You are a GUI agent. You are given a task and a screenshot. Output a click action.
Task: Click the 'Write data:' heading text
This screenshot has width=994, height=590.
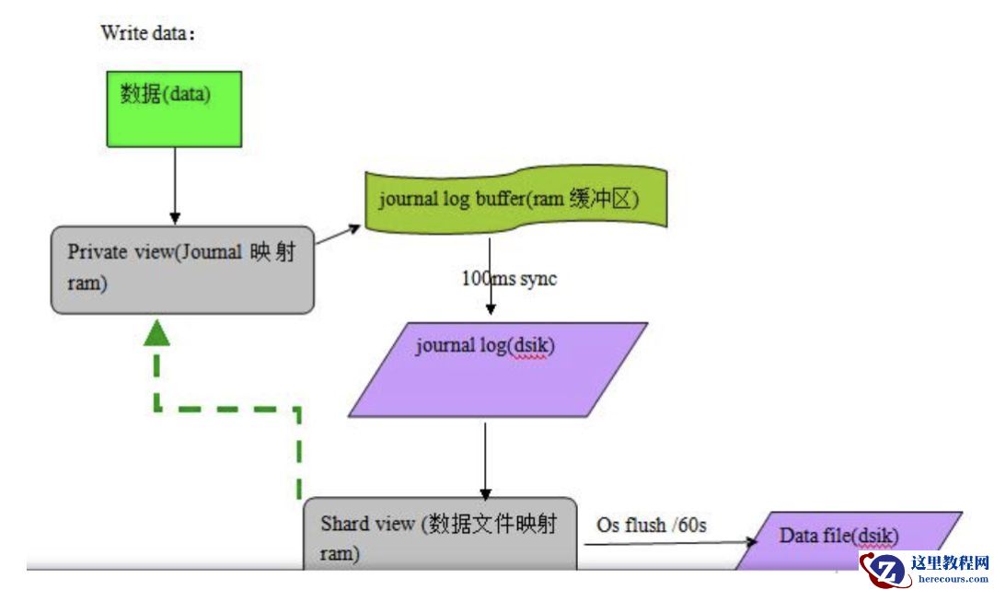click(148, 33)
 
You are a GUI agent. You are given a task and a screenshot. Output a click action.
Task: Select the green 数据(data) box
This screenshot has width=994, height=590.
click(174, 109)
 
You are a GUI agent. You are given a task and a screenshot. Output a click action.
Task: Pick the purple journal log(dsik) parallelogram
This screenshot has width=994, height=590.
click(498, 368)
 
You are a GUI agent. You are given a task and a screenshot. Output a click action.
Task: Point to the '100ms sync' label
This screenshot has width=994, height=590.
click(509, 278)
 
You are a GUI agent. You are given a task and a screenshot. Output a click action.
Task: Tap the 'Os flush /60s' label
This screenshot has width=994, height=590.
click(652, 525)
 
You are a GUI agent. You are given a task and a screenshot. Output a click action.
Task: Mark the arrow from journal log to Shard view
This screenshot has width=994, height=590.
click(486, 460)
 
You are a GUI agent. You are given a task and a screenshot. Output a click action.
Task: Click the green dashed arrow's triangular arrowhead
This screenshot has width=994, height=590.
click(157, 333)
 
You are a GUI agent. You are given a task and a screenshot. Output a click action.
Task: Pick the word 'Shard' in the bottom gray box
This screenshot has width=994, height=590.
click(343, 524)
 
